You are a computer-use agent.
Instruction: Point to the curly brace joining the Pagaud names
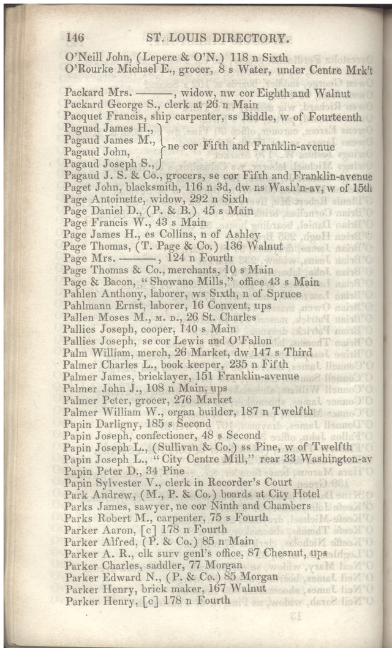[x=160, y=146]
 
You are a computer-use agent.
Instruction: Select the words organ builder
[x=181, y=411]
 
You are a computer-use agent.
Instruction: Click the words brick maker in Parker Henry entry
[x=159, y=588]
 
